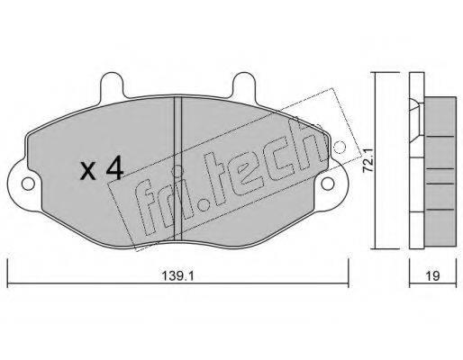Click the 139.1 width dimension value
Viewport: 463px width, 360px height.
pos(178,274)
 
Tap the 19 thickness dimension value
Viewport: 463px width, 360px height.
pos(433,275)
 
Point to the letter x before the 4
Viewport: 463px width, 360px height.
pos(88,172)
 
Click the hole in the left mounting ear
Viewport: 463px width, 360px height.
pos(28,184)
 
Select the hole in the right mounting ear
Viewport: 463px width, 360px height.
pos(328,184)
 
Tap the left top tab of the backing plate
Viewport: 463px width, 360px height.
pos(112,85)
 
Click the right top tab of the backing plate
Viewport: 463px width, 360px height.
pos(244,85)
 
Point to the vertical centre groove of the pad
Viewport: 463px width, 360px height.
pos(178,168)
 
